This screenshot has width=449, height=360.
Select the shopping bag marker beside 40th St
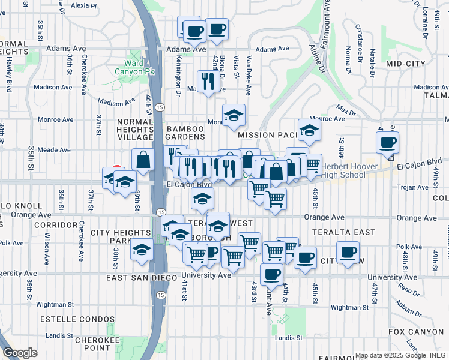pos(143,160)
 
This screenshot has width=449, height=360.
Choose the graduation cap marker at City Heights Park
pos(141,251)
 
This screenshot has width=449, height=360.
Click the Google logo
pos(20,353)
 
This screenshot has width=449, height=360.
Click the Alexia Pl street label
pos(83,5)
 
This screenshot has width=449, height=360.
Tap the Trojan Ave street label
pos(413,187)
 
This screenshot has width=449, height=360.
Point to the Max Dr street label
pos(342,110)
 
